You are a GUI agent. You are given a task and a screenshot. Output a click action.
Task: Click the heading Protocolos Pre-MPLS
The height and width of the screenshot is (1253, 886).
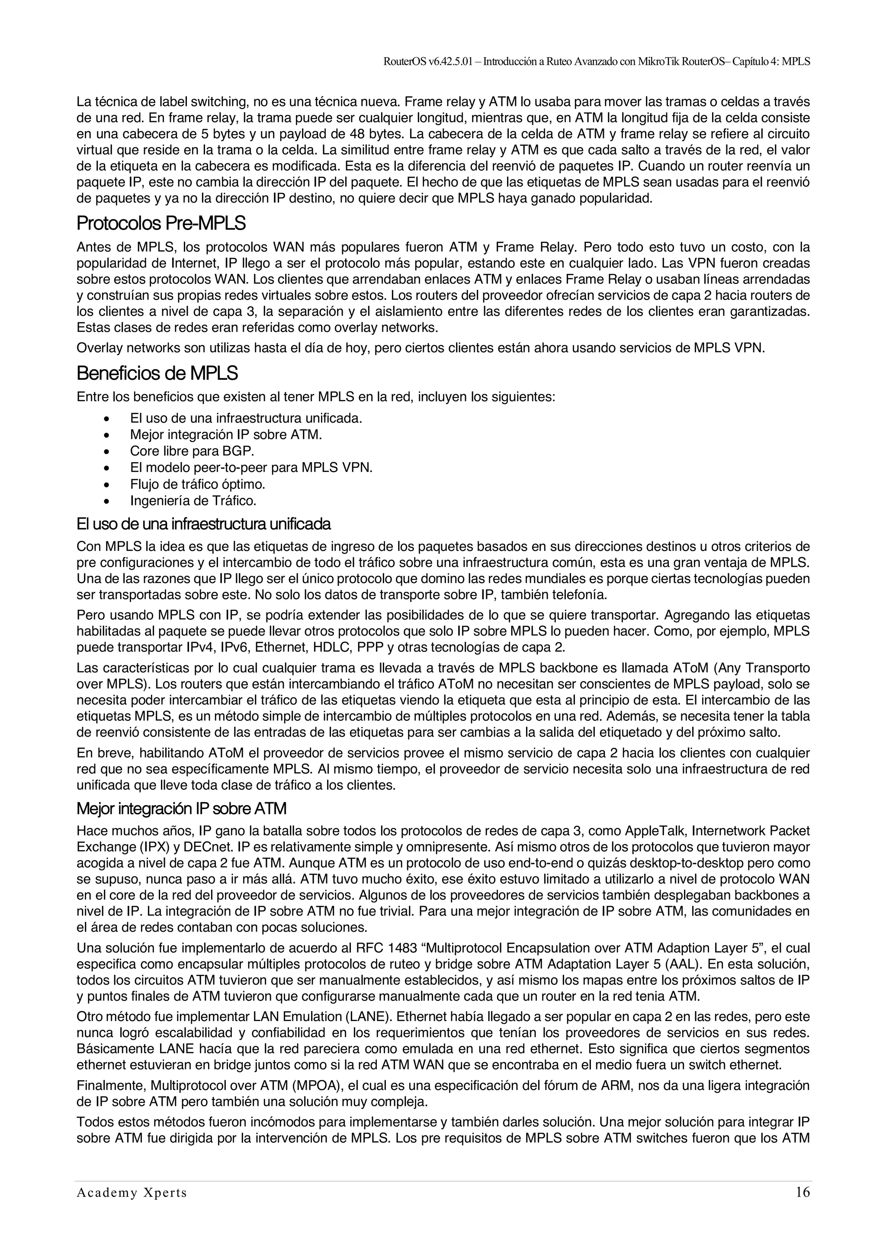pyautogui.click(x=161, y=223)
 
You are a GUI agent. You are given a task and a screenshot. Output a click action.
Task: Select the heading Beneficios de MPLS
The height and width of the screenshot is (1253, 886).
pyautogui.click(x=157, y=374)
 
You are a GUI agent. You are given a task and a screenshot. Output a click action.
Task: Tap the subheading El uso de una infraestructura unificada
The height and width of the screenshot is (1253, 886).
pyautogui.click(x=203, y=524)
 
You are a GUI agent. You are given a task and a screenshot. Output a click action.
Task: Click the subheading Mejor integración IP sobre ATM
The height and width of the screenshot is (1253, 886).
pyautogui.click(x=181, y=808)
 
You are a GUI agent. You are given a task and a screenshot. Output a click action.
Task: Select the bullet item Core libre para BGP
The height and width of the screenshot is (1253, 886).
pyautogui.click(x=192, y=451)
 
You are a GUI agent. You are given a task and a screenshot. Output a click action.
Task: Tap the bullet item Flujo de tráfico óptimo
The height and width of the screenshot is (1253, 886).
pyautogui.click(x=198, y=484)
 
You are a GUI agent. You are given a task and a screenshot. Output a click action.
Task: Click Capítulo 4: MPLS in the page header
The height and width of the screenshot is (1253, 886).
pyautogui.click(x=771, y=62)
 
